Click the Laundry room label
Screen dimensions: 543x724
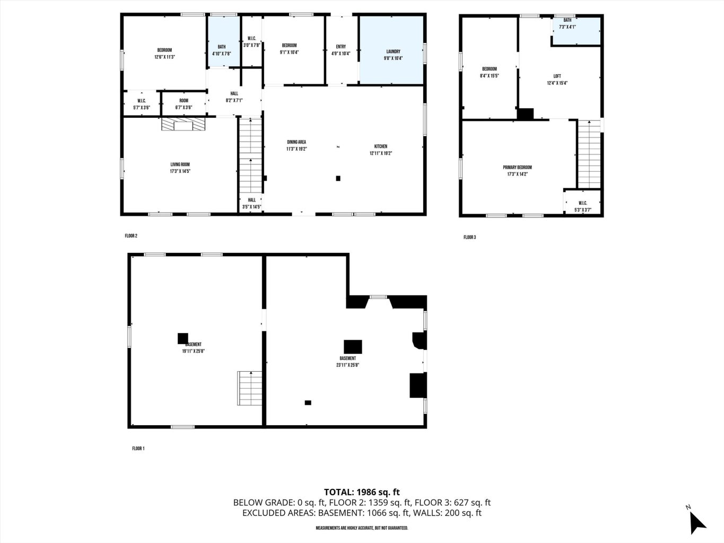click(x=393, y=52)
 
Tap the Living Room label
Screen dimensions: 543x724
click(x=180, y=165)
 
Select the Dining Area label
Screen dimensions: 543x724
click(x=296, y=142)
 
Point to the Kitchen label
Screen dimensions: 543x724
click(x=380, y=147)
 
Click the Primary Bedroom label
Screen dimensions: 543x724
click(x=517, y=168)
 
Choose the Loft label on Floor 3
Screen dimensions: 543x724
click(x=557, y=76)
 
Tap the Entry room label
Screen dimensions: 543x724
click(x=341, y=47)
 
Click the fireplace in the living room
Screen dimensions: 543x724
click(x=184, y=124)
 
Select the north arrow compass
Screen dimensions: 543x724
click(x=696, y=521)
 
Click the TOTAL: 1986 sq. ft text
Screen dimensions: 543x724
click(x=362, y=492)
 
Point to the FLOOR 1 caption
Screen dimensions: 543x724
click(x=138, y=449)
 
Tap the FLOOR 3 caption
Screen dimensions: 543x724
click(x=469, y=238)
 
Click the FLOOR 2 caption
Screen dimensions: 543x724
click(x=131, y=236)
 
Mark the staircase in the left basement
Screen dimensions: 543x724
click(x=249, y=388)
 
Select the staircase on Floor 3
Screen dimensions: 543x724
click(x=588, y=154)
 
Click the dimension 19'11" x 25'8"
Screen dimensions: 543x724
click(x=194, y=351)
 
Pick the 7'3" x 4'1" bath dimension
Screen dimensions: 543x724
click(x=567, y=27)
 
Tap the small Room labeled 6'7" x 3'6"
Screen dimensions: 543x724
click(x=184, y=104)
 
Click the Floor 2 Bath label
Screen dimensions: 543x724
click(x=222, y=47)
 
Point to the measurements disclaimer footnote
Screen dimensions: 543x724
click(x=362, y=528)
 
